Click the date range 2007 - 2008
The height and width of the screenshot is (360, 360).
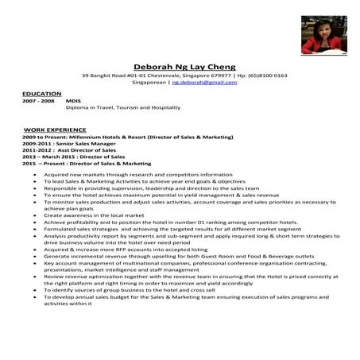click(38, 102)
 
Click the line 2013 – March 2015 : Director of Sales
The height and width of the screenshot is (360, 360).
click(72, 157)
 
